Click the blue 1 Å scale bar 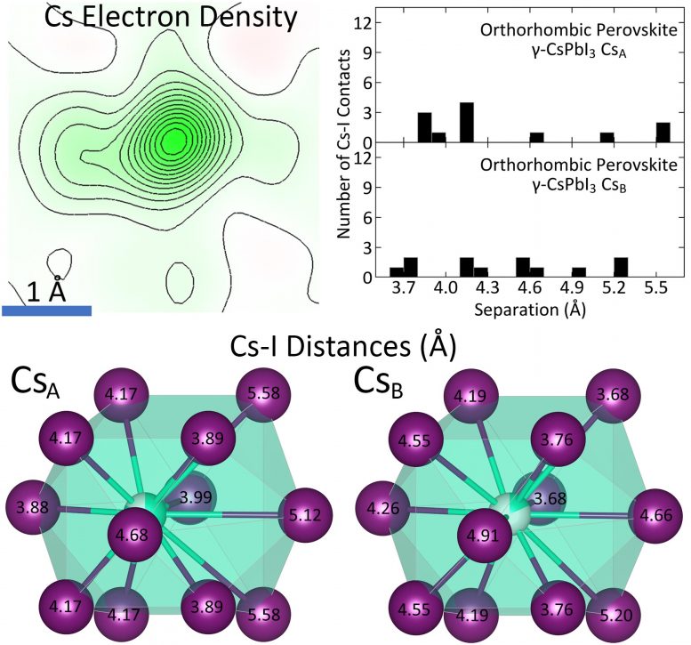tap(47, 310)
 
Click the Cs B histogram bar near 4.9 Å tap(578, 272)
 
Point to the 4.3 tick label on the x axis tap(480, 289)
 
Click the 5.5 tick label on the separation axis tap(656, 289)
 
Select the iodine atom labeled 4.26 tap(382, 510)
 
